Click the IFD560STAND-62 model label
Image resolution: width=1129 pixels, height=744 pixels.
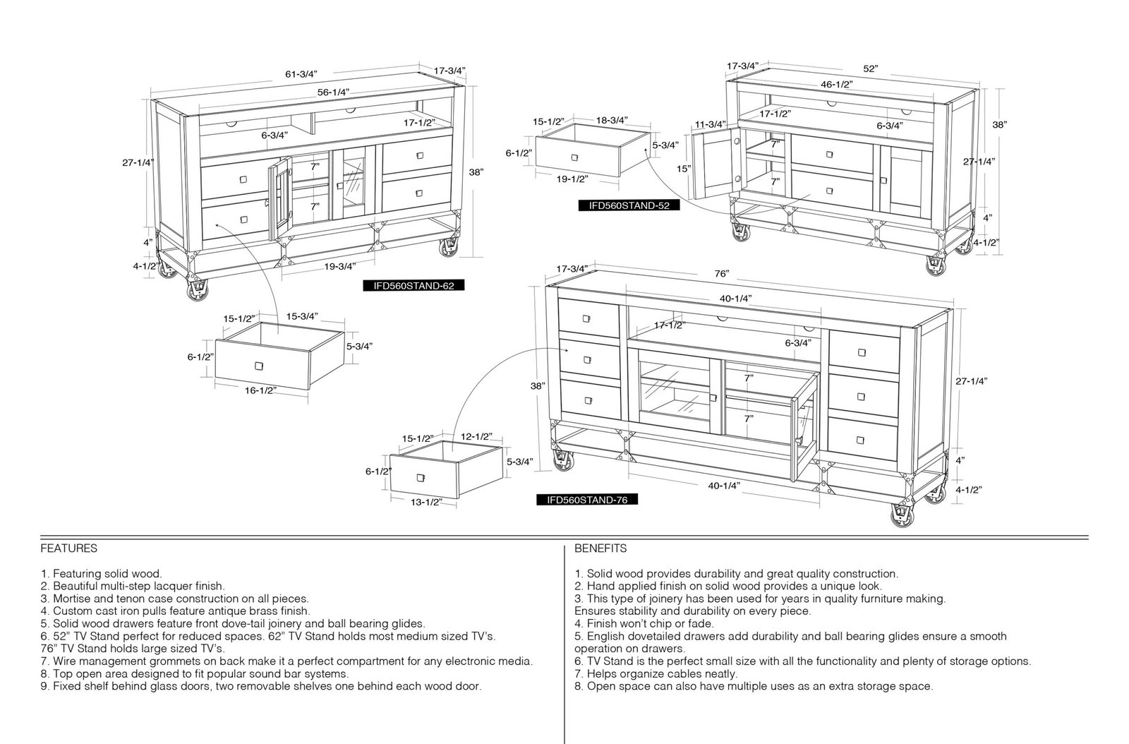(413, 286)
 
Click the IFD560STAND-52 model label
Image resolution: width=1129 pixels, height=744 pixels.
(629, 205)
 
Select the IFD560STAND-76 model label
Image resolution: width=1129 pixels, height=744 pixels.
(587, 500)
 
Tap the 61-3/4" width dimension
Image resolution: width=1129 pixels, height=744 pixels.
(301, 74)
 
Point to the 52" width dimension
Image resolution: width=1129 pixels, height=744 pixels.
(871, 68)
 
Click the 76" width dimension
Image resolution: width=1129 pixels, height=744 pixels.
(722, 273)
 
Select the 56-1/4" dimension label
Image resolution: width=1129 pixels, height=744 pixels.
(333, 92)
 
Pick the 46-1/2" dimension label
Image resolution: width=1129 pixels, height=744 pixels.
(837, 84)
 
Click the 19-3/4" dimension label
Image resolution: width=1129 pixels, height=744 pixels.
(339, 266)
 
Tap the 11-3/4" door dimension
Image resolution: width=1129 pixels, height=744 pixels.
(710, 124)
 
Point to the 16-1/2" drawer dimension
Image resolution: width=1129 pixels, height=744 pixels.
(260, 390)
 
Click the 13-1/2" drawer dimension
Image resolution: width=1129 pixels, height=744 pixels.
(426, 502)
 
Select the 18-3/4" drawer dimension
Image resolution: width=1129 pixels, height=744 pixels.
(612, 120)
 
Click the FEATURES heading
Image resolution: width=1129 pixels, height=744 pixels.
(69, 548)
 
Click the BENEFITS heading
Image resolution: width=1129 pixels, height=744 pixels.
(600, 548)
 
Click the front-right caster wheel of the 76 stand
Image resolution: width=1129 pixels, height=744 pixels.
(902, 516)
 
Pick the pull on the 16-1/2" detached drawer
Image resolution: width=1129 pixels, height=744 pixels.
(259, 366)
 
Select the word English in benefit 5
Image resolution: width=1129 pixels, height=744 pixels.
(605, 636)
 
